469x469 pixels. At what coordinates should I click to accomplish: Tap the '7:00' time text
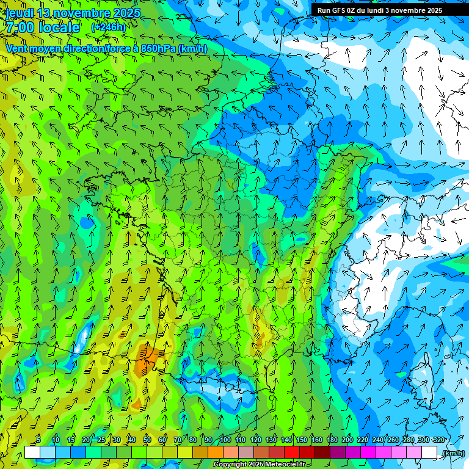point(19,27)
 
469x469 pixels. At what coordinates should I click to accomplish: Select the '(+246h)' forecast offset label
point(108,27)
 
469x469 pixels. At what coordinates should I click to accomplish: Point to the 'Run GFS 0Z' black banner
point(379,10)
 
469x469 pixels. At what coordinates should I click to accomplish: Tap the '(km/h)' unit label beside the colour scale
point(453,453)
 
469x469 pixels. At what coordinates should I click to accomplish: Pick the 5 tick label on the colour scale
point(39,440)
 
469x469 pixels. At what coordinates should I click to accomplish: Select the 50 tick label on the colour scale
point(147,440)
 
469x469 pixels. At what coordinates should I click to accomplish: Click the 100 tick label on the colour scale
point(225,440)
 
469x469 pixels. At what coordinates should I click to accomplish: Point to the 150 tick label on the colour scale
point(302,440)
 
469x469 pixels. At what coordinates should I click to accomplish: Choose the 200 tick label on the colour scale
point(347,440)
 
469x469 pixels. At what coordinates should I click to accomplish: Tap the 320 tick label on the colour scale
point(438,440)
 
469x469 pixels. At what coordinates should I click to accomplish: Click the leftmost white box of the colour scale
point(32,453)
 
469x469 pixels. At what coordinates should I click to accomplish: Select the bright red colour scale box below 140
point(292,453)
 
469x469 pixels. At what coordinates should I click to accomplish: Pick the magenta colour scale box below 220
point(368,453)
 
